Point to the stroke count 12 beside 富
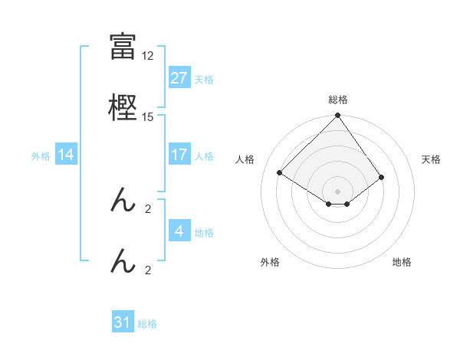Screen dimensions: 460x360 [148, 56]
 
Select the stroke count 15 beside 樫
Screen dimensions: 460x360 [148, 116]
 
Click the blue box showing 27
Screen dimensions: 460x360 [179, 78]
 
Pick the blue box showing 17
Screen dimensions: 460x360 [179, 155]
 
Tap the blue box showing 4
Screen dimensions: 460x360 [179, 231]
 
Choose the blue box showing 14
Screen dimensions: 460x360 [66, 155]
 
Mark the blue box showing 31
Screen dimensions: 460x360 [123, 322]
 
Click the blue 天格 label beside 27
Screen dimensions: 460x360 [204, 79]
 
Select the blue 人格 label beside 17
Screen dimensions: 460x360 [204, 155]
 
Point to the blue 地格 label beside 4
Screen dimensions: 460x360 [204, 232]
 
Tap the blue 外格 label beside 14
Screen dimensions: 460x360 [41, 155]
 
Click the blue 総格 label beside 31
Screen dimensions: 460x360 [147, 323]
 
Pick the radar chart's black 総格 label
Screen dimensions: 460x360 [337, 100]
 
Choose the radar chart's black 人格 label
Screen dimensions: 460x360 [245, 159]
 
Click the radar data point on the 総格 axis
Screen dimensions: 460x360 [337, 116]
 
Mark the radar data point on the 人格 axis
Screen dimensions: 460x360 [280, 172]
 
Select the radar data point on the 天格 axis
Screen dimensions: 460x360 [382, 177]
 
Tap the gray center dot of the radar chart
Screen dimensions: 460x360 [337, 191]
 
